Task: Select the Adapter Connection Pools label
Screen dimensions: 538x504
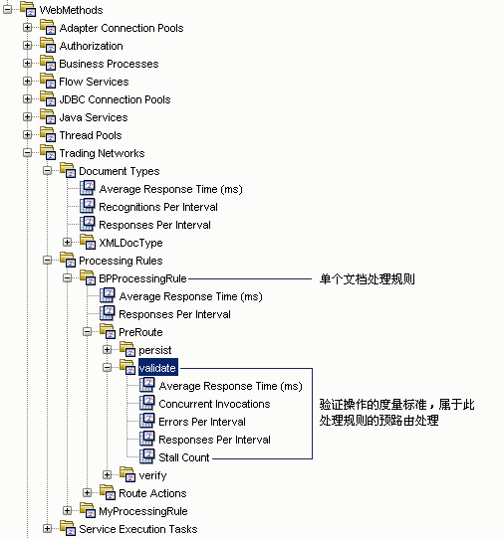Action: (x=121, y=28)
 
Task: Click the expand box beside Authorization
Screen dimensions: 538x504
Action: (x=28, y=46)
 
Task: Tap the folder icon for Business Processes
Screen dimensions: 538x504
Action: (x=47, y=64)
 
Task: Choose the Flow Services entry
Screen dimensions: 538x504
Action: (x=94, y=82)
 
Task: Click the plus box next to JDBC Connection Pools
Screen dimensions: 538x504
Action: (x=28, y=99)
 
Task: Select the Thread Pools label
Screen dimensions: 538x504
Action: (x=91, y=135)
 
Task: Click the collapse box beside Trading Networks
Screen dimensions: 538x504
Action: (x=28, y=153)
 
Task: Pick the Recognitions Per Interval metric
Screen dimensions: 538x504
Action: (x=157, y=207)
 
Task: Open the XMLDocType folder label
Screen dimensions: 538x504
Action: (x=130, y=243)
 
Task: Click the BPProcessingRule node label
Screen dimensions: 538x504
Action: (x=142, y=278)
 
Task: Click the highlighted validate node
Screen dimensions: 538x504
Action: (x=157, y=368)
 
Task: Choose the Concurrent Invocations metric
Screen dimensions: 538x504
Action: (x=214, y=404)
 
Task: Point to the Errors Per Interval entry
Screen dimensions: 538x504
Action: (x=202, y=422)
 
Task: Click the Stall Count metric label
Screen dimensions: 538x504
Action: (x=184, y=457)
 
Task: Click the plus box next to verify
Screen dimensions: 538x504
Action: (x=108, y=475)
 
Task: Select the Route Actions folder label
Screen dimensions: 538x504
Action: (x=152, y=493)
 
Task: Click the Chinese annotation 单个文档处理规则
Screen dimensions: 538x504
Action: (x=367, y=279)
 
